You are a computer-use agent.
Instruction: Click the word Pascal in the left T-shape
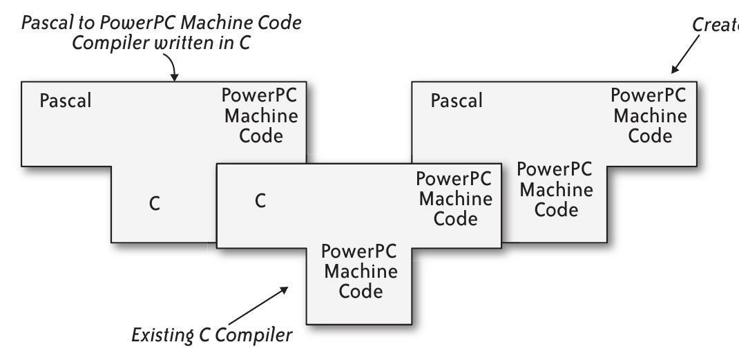65,101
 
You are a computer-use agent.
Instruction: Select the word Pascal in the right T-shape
457,101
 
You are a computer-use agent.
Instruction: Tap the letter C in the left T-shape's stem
155,205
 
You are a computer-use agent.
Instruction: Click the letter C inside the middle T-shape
260,202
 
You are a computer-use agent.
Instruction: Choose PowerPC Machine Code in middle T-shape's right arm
455,199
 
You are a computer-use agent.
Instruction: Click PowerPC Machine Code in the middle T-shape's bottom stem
360,271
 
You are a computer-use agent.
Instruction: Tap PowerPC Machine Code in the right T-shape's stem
555,189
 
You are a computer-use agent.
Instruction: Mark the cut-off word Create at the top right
716,25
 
